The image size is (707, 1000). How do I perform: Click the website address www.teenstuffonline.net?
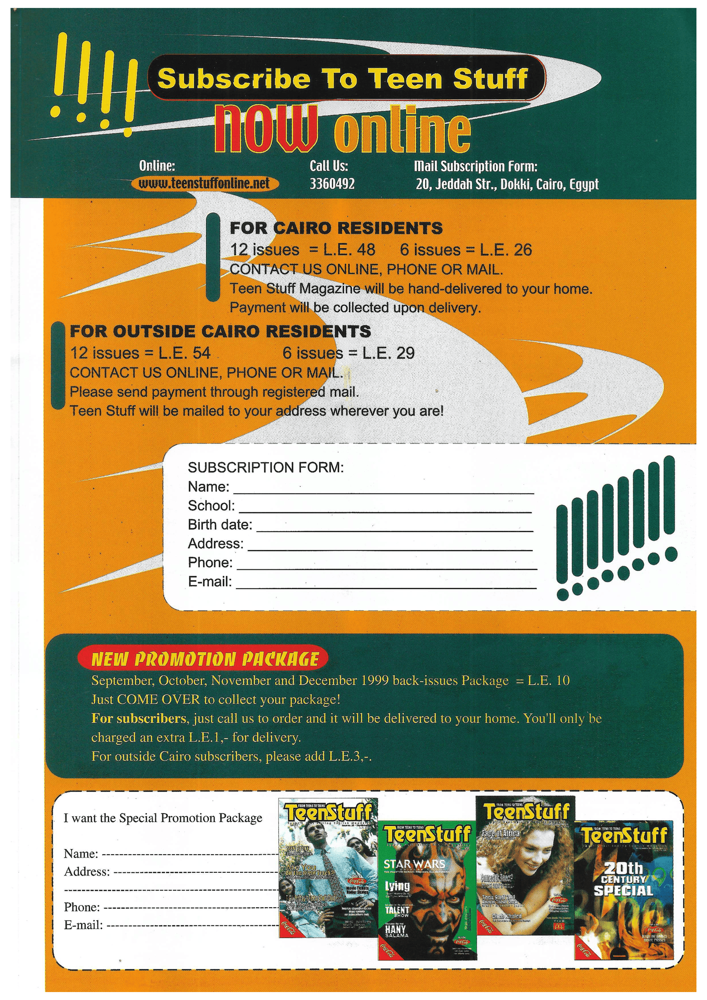[204, 183]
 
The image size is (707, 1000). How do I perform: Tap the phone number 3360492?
[332, 184]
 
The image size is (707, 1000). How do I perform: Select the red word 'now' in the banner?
[266, 129]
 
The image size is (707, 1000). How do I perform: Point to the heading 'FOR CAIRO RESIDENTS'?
[336, 228]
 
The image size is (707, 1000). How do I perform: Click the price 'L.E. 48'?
[349, 250]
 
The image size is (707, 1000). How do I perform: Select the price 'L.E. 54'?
[185, 353]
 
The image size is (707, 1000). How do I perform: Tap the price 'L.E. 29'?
[388, 353]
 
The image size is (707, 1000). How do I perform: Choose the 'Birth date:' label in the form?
[220, 525]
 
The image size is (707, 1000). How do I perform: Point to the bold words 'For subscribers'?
[138, 718]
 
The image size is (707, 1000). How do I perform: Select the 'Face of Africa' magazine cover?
[525, 869]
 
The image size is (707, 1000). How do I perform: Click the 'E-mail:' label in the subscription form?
[209, 582]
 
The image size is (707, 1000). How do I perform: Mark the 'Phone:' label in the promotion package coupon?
[82, 907]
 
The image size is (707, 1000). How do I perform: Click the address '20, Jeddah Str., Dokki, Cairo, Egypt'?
[507, 184]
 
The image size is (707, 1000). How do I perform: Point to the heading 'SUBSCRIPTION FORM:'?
[266, 467]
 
